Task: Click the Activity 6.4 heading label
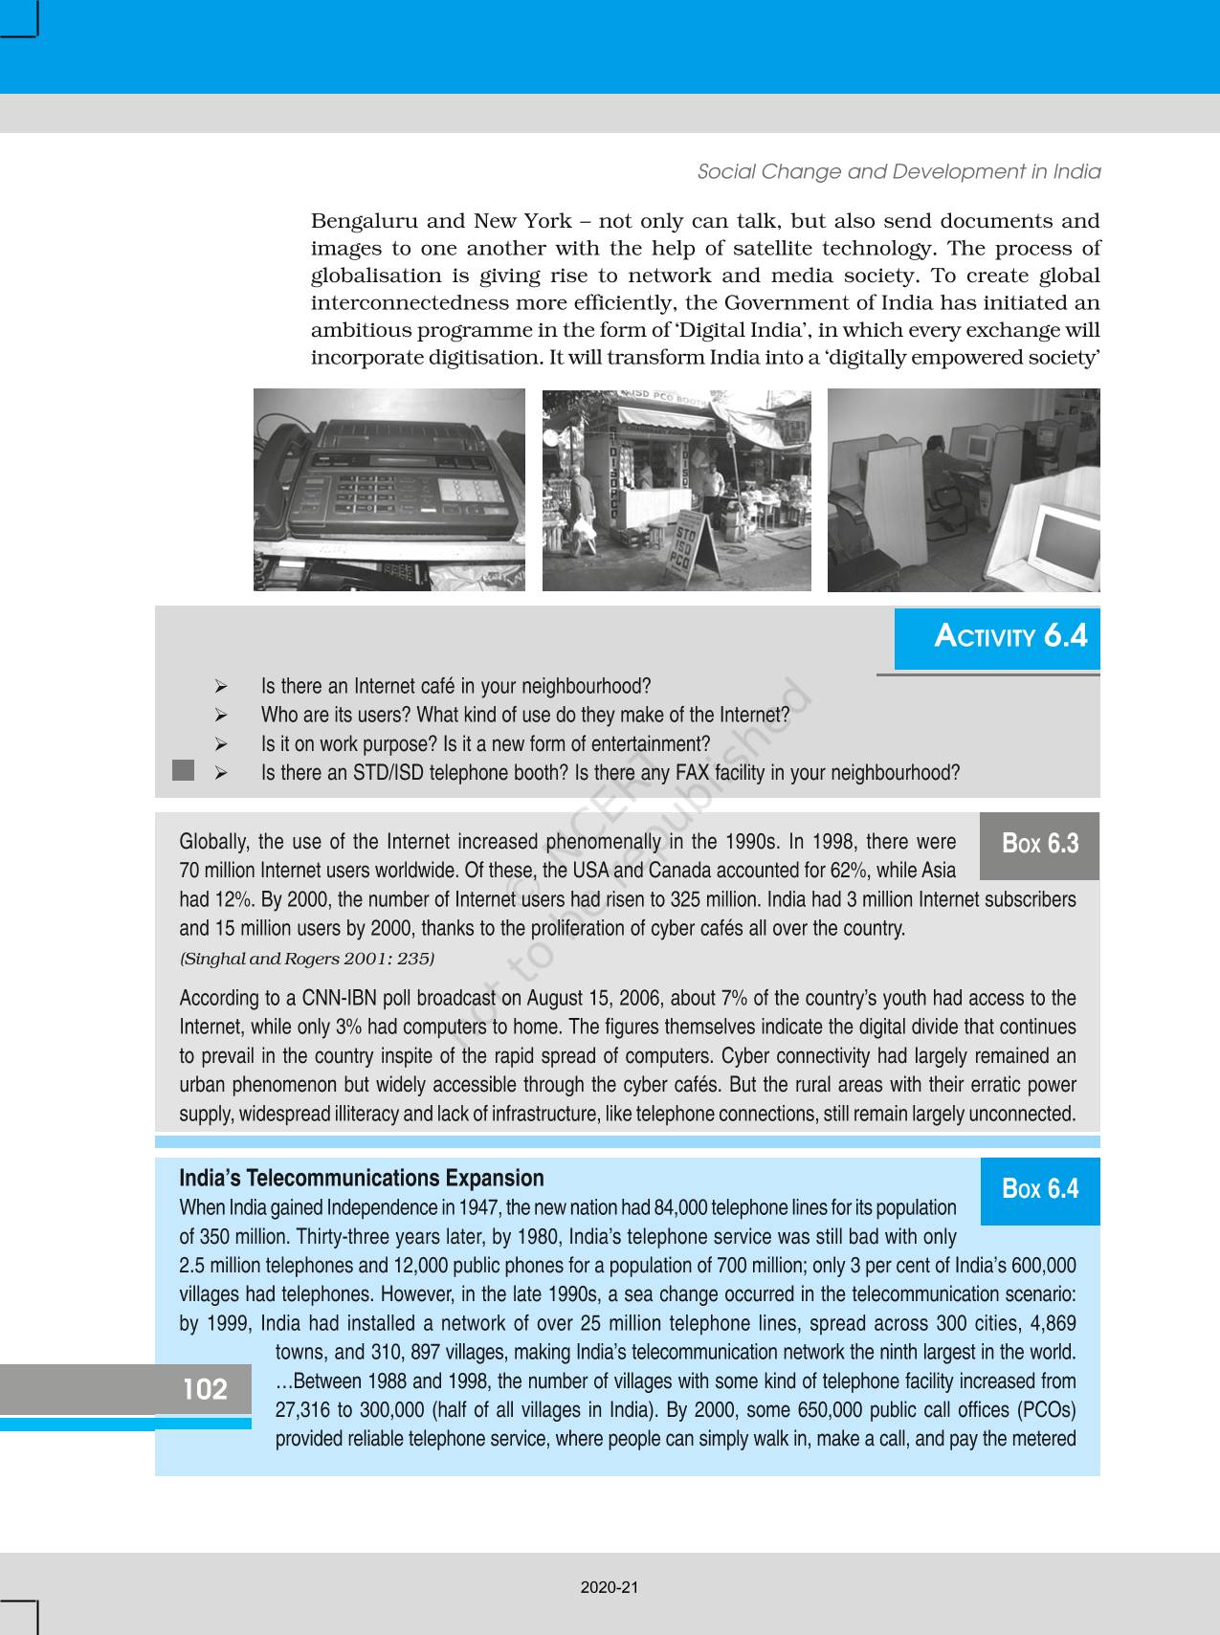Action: pos(1010,636)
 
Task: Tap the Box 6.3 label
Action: pos(1039,844)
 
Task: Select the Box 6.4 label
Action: pos(1039,1189)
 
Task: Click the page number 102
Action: pos(205,1389)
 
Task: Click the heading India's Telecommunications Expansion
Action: pos(362,1179)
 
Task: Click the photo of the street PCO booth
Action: pos(676,490)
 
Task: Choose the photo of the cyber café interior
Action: pos(963,490)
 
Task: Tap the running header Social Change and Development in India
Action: pos(898,172)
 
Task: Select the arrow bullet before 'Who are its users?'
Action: pos(220,716)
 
